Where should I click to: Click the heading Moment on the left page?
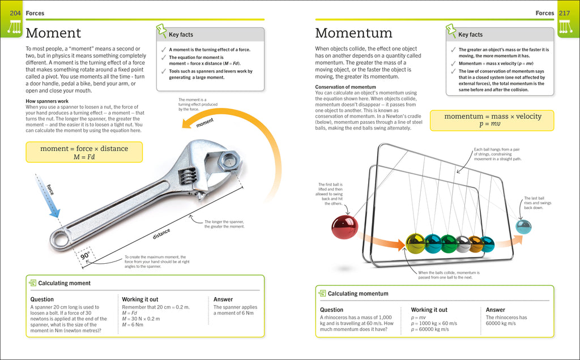(53, 33)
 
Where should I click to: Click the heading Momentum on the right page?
(353, 33)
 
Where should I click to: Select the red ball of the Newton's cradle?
(344, 226)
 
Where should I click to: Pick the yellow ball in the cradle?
(415, 243)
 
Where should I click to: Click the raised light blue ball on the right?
(523, 226)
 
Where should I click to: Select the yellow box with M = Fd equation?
(84, 152)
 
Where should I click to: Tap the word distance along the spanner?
(161, 233)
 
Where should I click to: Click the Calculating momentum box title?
(357, 293)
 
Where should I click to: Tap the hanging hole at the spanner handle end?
(61, 239)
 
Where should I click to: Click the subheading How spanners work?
(47, 101)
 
